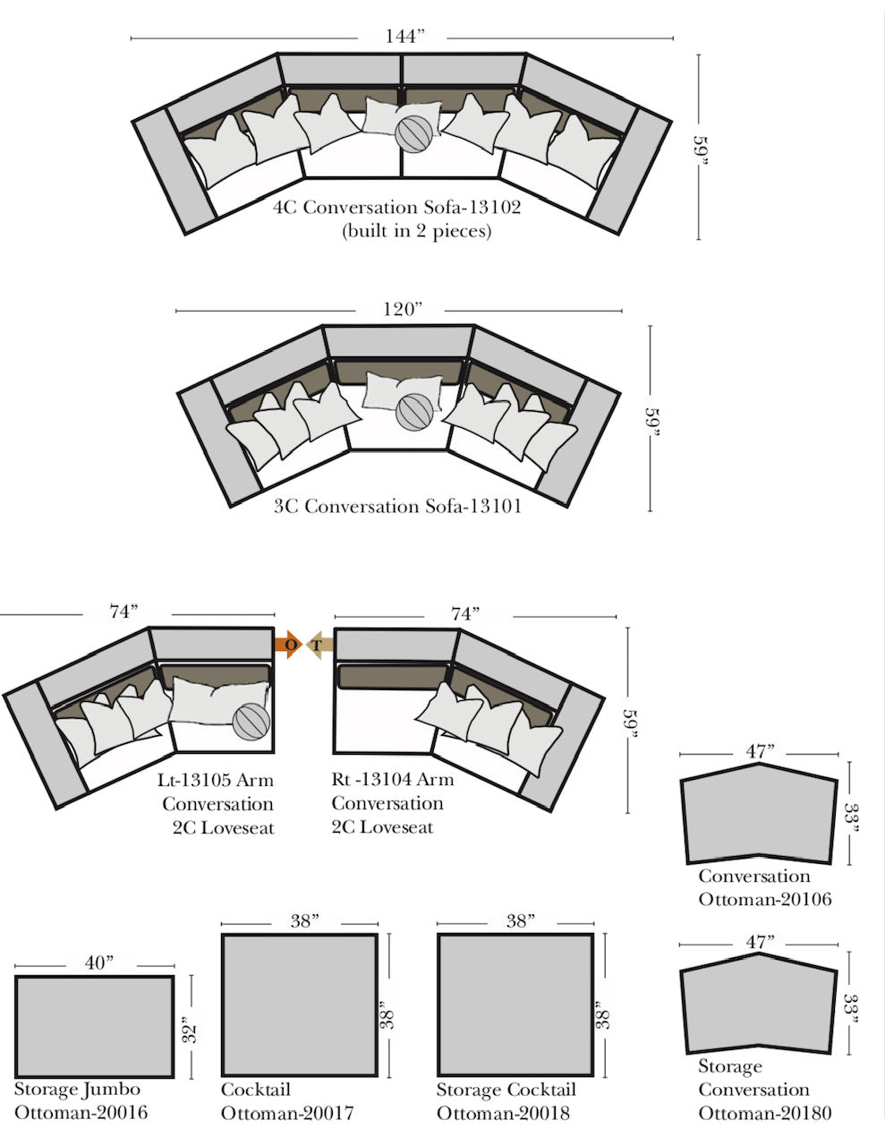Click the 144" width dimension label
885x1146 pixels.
pos(404,37)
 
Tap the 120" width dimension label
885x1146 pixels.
pos(403,309)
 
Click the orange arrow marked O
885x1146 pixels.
pos(288,644)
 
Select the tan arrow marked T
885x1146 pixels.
pos(319,645)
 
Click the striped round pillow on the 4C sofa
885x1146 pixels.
pos(413,134)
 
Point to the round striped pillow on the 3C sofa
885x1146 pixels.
pos(415,412)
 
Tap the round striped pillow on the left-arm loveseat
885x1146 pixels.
pos(251,722)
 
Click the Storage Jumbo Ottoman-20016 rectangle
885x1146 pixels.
pos(94,1026)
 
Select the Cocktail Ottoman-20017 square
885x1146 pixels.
pos(300,1005)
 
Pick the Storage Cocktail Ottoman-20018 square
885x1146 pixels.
pos(515,1005)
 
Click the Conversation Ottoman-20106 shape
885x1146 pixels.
pos(759,814)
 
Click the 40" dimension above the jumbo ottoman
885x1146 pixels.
pos(99,963)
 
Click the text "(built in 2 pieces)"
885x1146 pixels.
pos(416,231)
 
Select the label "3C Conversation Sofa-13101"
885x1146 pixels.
pos(397,506)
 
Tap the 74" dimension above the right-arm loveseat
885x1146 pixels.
pos(465,614)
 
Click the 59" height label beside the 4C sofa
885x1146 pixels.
pos(700,150)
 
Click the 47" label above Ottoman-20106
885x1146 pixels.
pos(760,751)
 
